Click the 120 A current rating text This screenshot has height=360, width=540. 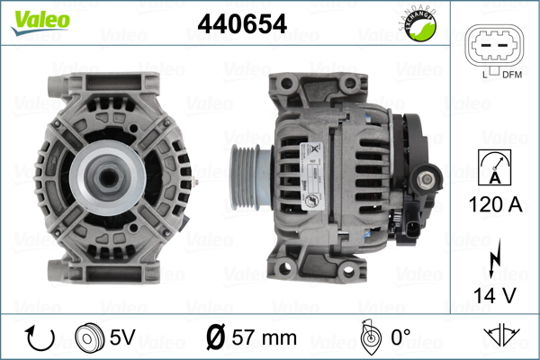click(x=495, y=205)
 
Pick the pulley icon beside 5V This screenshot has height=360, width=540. click(x=89, y=337)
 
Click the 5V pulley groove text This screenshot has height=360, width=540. click(x=124, y=337)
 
